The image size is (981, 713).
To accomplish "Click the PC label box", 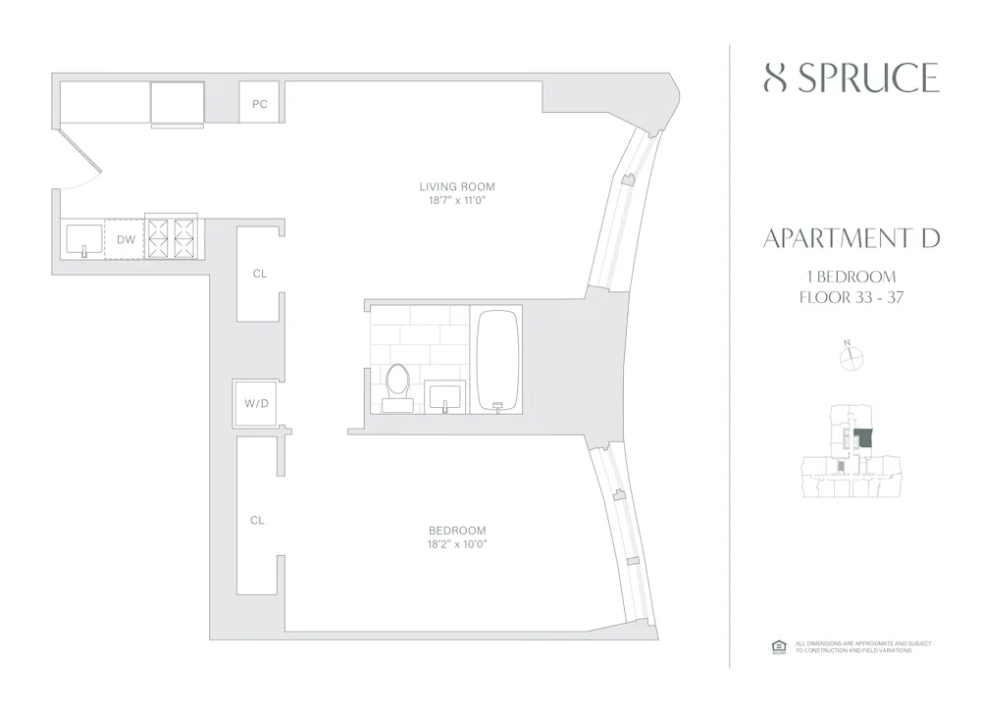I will [260, 103].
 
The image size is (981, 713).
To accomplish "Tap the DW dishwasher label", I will [126, 239].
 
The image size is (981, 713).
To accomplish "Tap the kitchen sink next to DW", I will [82, 238].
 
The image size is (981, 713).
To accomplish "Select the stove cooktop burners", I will [172, 237].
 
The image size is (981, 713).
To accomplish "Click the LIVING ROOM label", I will [457, 186].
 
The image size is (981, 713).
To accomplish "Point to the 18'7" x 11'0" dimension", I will [457, 201].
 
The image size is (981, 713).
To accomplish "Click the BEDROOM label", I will [457, 531].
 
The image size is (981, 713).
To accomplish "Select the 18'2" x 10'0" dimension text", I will [457, 544].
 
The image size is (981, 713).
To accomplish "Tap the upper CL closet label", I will [259, 274].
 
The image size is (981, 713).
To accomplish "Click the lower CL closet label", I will [257, 521].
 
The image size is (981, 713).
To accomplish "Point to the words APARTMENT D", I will [851, 238].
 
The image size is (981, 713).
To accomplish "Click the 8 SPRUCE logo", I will [851, 77].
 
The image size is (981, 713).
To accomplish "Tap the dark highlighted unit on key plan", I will [862, 438].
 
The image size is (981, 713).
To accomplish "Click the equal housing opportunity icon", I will [778, 646].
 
